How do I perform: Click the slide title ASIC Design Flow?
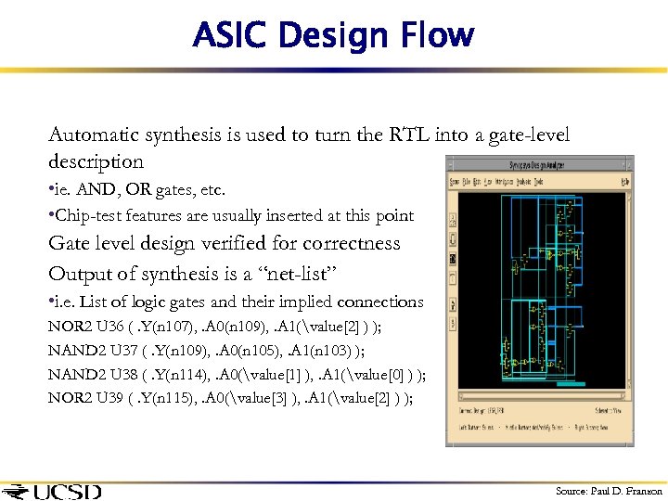click(333, 36)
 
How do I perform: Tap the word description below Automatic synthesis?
click(96, 161)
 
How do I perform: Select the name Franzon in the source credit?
click(643, 491)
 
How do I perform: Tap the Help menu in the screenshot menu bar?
click(626, 180)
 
